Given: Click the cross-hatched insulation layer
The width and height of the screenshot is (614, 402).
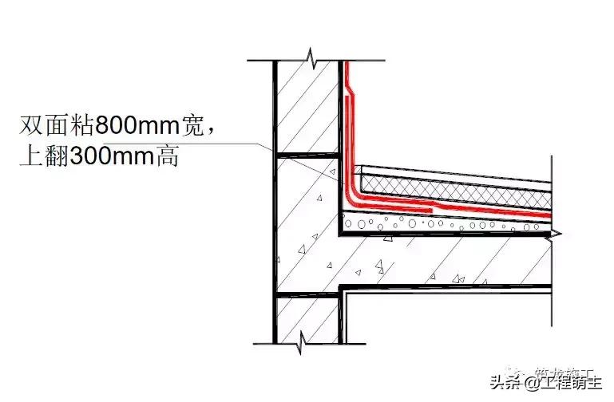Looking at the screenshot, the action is tap(455, 190).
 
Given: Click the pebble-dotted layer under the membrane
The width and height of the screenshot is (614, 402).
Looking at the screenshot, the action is tap(447, 223).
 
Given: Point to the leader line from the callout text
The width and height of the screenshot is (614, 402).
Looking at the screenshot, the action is tap(240, 144).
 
